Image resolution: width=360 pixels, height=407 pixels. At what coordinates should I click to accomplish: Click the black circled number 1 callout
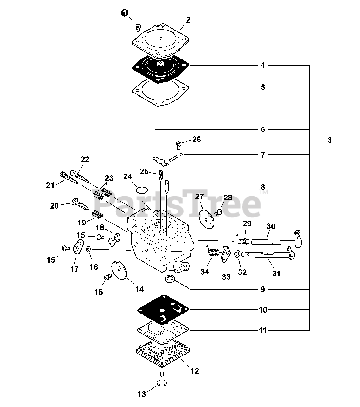[x=125, y=13]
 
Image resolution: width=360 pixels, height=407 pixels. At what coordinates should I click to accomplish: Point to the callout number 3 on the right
[x=329, y=140]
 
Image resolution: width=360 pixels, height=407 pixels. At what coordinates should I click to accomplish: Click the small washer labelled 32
[x=237, y=254]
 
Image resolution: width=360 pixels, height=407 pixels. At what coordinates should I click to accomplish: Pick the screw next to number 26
[x=178, y=145]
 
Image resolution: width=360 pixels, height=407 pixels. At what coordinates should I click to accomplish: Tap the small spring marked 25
[x=160, y=175]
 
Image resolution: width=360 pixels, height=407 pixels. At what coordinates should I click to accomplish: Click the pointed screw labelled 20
[x=80, y=204]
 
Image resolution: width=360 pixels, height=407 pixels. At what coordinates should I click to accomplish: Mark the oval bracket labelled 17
[x=78, y=247]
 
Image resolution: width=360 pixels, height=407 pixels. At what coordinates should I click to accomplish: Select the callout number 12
[x=194, y=371]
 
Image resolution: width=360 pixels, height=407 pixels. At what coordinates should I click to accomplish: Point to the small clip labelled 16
[x=89, y=249]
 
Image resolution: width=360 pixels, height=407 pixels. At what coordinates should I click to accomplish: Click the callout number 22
[x=85, y=160]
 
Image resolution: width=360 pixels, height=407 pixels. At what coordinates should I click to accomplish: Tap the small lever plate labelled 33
[x=226, y=254]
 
